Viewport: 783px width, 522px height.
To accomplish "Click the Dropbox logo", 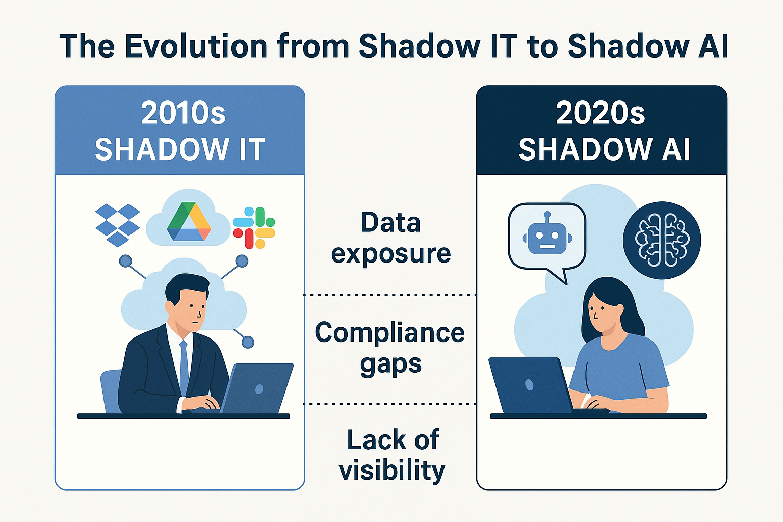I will click(118, 225).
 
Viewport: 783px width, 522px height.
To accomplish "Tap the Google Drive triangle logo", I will click(189, 222).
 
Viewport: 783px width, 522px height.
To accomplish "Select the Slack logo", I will click(254, 228).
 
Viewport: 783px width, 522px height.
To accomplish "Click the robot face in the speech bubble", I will click(547, 236).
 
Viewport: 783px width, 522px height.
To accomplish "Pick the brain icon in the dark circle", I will click(662, 240).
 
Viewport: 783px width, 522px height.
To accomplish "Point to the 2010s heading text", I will click(183, 113).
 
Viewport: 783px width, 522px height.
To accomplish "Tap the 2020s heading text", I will click(600, 113).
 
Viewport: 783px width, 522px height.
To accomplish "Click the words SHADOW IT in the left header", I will click(180, 149).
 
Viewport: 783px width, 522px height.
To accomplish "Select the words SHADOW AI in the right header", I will click(604, 149).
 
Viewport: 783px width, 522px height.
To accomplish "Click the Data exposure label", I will click(390, 238).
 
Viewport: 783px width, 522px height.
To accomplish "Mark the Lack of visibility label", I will click(391, 455).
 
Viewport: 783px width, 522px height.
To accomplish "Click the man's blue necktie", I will click(184, 367).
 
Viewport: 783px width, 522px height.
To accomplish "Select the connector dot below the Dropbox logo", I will click(125, 262).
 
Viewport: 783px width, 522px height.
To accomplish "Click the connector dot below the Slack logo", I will click(242, 262).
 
